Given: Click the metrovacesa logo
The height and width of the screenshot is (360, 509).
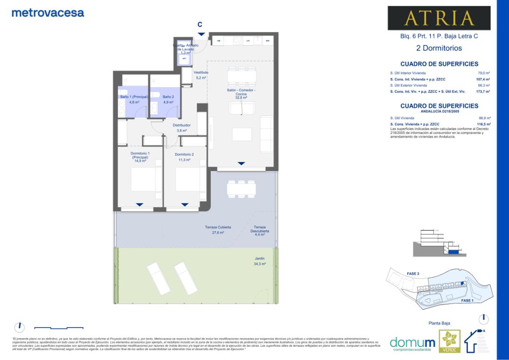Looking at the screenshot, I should [x=48, y=13].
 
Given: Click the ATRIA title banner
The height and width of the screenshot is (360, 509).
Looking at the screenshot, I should [x=439, y=18].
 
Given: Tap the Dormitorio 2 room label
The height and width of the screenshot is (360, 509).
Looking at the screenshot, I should [x=184, y=155].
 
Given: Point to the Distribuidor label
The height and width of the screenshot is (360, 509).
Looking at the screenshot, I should [x=181, y=125].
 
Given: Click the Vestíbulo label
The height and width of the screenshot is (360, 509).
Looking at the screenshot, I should [x=201, y=73].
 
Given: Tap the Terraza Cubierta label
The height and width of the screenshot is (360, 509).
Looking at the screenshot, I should [x=214, y=228].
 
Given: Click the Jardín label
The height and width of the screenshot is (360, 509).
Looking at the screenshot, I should [x=260, y=259].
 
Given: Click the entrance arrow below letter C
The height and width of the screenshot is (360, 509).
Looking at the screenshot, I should [x=201, y=34].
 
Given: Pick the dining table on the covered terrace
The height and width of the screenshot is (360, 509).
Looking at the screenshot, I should [x=241, y=188].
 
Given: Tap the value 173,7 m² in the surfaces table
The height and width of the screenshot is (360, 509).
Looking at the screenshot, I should [x=484, y=92].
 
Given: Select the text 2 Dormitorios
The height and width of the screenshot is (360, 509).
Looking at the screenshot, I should [x=439, y=48].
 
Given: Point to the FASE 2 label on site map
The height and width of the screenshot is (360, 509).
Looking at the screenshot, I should [x=412, y=273].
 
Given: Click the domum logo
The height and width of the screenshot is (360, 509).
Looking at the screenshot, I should [x=412, y=343].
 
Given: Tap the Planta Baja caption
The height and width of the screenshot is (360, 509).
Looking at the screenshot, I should [x=439, y=323].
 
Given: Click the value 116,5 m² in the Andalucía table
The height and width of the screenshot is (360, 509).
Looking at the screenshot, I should [x=484, y=124].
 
